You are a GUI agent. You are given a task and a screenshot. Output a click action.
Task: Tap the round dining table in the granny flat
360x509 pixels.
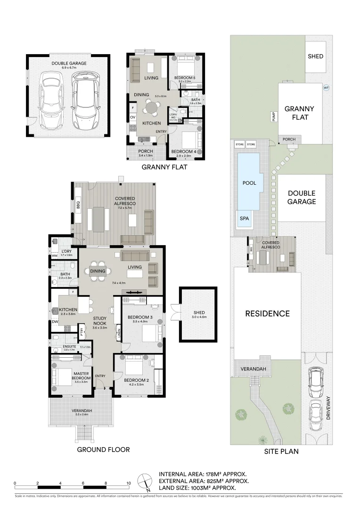[x=152, y=108]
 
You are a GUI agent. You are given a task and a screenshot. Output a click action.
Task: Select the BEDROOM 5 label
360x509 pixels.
[x=185, y=77]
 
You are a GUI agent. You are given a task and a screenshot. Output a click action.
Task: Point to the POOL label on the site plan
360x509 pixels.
[x=249, y=182]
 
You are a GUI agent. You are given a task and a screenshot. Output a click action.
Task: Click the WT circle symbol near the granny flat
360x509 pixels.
[x=325, y=88]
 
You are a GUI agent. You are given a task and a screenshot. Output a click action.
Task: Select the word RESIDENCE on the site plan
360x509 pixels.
[x=267, y=313]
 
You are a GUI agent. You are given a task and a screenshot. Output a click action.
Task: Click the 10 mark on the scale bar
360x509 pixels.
[x=128, y=484]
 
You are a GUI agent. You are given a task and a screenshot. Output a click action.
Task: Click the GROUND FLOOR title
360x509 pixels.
[x=103, y=450]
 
